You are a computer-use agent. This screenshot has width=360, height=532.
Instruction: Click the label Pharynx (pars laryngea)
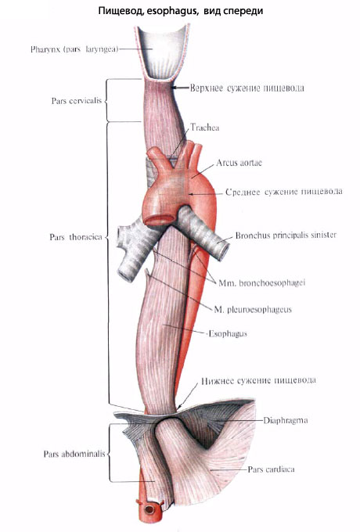pos(74,49)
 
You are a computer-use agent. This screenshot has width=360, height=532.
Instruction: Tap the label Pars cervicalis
pos(77,101)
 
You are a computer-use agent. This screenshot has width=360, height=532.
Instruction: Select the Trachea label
pos(204,128)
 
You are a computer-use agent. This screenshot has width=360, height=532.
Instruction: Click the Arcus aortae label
pos(239,163)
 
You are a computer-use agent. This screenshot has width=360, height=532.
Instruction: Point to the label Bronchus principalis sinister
pos(286,235)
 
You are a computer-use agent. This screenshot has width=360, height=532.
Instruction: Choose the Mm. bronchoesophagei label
pos(261,282)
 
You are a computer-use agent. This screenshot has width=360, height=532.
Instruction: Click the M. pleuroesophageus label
pos(253,310)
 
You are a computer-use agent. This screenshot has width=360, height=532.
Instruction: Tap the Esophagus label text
pos(228,333)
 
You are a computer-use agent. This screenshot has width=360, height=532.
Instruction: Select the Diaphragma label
pos(286,420)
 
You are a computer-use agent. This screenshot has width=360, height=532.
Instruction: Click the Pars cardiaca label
pos(271,469)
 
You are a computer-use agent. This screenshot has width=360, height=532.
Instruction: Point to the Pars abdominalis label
pos(74,454)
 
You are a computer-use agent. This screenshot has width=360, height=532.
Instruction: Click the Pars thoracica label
pos(76,237)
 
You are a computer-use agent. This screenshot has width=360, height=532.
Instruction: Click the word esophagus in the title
pos(173,11)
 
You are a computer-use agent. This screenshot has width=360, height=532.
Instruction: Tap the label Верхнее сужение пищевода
pos(247,88)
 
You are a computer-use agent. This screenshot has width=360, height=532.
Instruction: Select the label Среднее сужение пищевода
pos(283,192)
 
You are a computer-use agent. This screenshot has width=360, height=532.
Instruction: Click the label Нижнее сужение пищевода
pos(258,381)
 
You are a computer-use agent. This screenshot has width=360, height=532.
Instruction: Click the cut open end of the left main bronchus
pos(223,250)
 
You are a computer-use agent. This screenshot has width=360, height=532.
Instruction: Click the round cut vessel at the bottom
pos(149,509)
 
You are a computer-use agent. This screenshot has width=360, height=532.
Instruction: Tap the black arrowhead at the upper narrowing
pos(174,88)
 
